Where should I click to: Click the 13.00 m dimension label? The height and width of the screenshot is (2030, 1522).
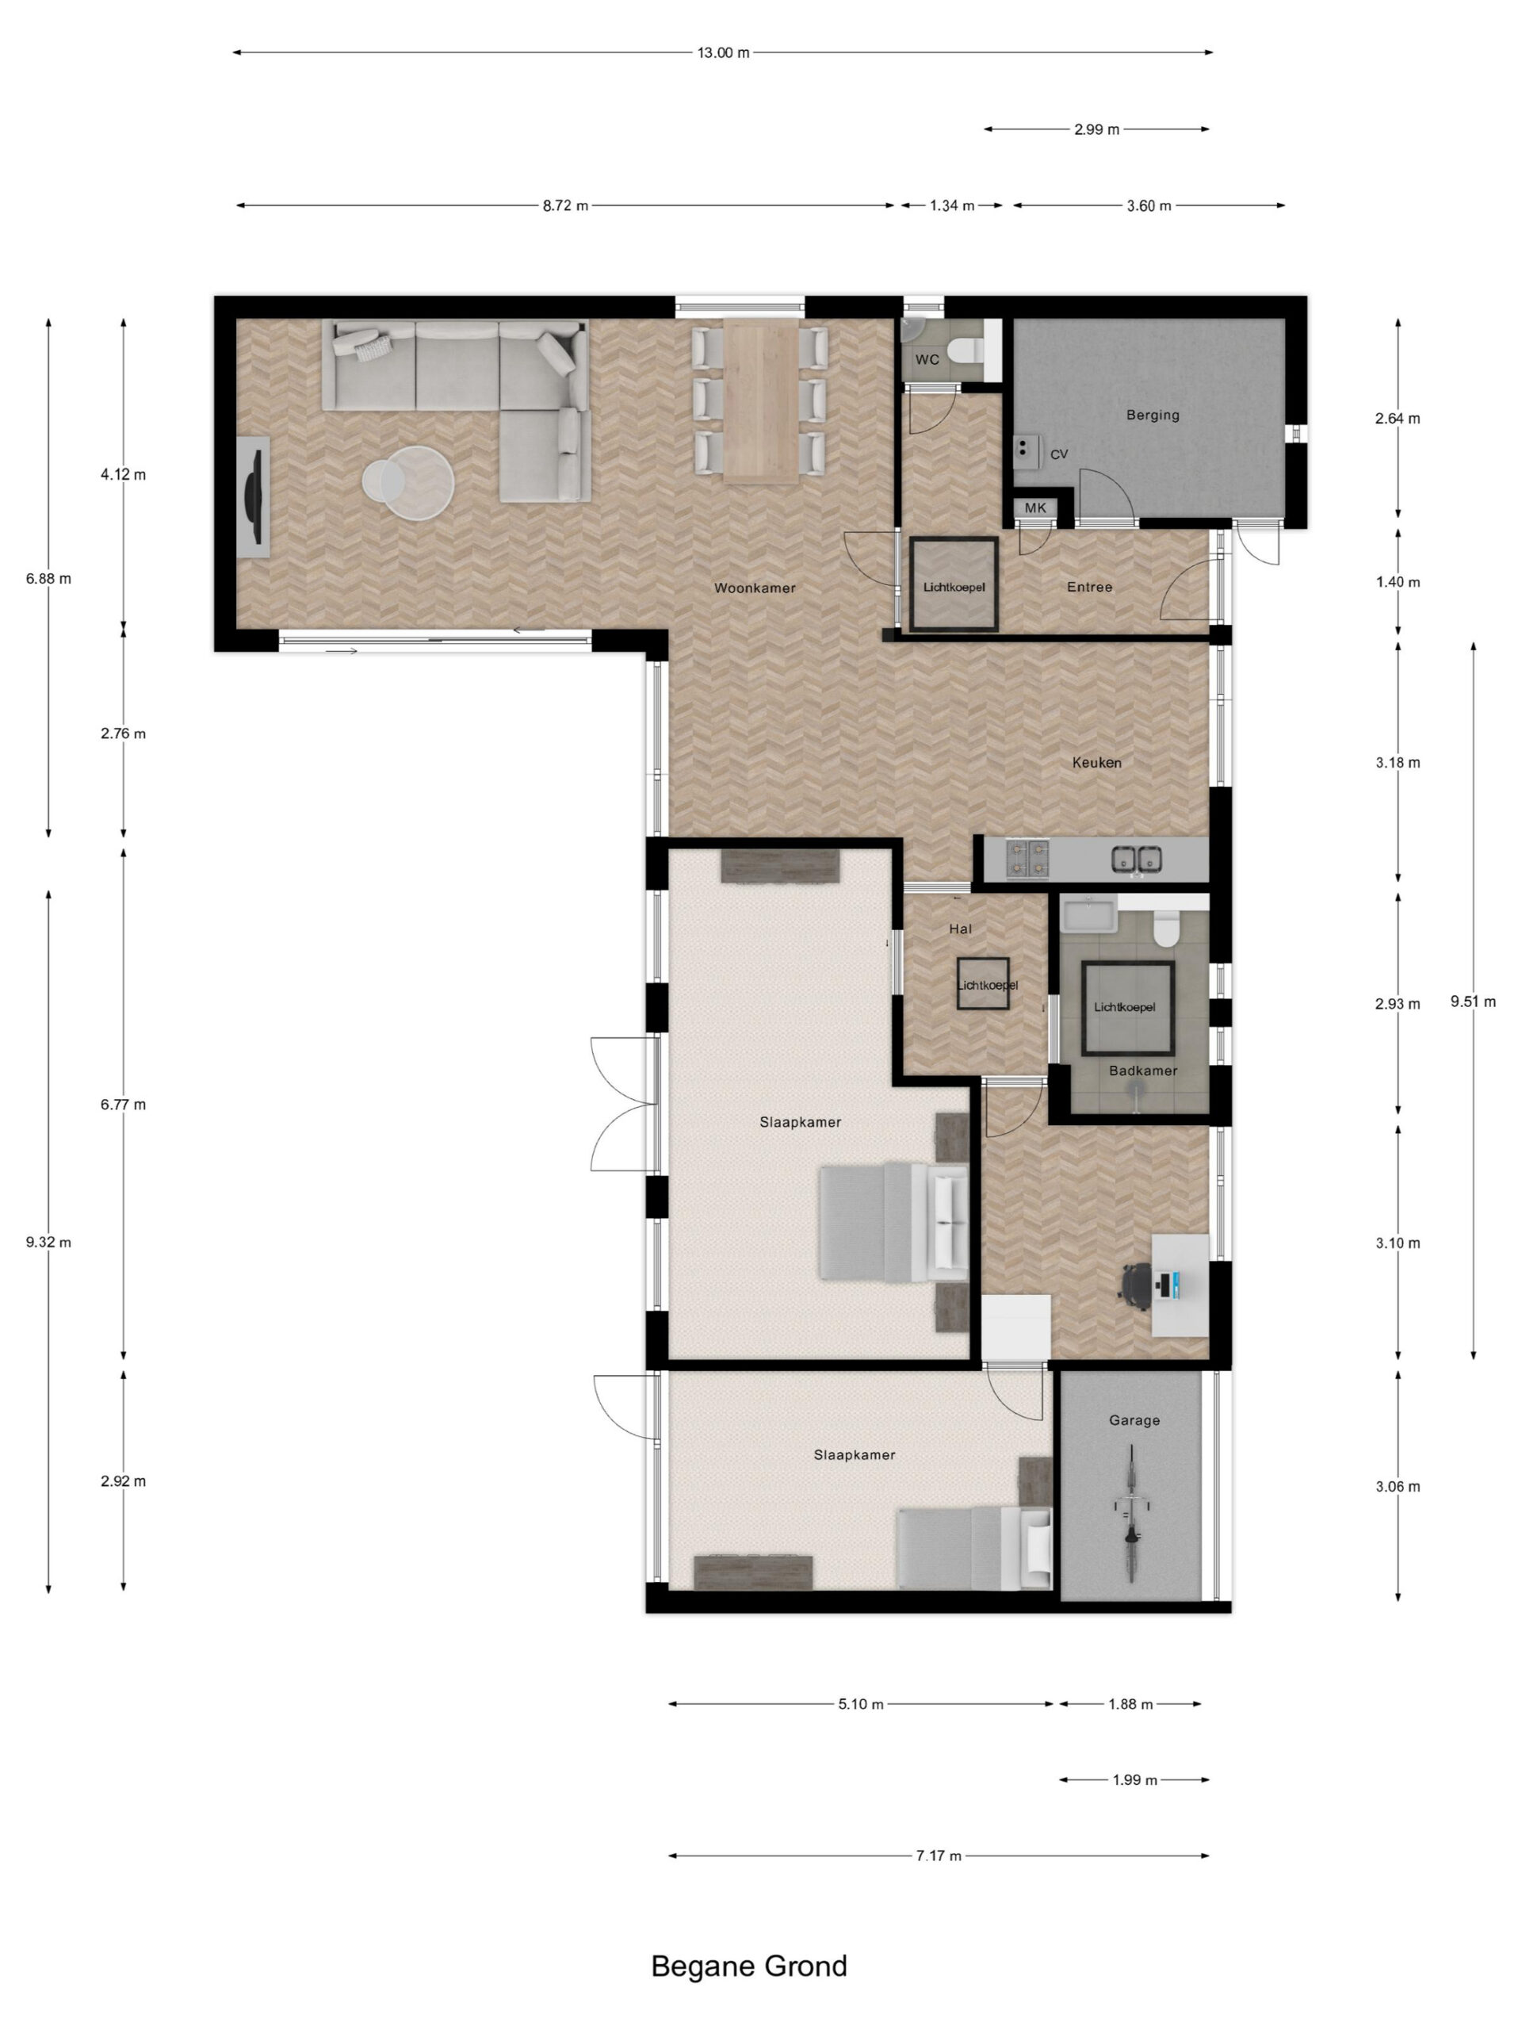[723, 52]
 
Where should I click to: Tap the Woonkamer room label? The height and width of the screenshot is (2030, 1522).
[754, 588]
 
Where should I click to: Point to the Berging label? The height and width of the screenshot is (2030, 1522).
[1153, 415]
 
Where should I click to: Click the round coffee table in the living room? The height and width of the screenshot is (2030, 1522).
[408, 483]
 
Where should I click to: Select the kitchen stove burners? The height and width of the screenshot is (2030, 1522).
[1027, 858]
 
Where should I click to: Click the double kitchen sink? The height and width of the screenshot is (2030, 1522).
[1137, 859]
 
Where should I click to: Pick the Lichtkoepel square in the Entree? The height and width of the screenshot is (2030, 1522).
[954, 584]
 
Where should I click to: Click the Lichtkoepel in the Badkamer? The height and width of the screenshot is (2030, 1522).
[1126, 1009]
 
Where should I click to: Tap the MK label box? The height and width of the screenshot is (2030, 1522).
[1034, 507]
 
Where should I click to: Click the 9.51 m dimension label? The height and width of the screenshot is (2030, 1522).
[1473, 1002]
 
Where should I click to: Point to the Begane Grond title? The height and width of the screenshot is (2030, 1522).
[748, 1966]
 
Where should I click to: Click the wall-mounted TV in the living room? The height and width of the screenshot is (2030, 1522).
[253, 496]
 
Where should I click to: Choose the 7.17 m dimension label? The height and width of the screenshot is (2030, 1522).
[939, 1856]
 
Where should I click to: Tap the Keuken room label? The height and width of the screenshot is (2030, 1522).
[1096, 762]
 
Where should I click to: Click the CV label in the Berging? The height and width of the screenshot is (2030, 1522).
[1059, 454]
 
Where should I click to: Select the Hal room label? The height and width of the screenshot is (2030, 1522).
[960, 929]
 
